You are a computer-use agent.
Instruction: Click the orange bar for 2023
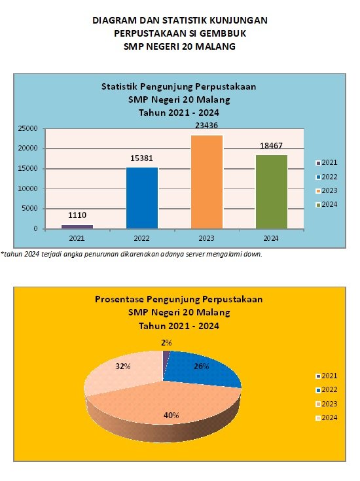207,182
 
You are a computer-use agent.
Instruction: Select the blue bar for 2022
142,198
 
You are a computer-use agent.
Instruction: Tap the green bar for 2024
271,192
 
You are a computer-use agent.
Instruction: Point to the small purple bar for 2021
77,226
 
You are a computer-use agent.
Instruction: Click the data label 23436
207,126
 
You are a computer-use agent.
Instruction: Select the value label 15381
141,158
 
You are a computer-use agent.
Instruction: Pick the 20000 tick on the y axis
27,148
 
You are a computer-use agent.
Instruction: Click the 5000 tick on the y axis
29,208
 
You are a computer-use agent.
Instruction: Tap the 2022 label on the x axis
141,238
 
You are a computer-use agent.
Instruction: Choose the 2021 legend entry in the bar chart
327,162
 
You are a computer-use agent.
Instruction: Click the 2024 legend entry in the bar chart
327,204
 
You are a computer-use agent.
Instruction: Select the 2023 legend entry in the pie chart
327,404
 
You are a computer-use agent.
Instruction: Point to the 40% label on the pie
171,416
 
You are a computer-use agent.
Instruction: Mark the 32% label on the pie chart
123,366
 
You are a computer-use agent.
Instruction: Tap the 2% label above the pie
166,343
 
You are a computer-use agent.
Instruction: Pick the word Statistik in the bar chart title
120,86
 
